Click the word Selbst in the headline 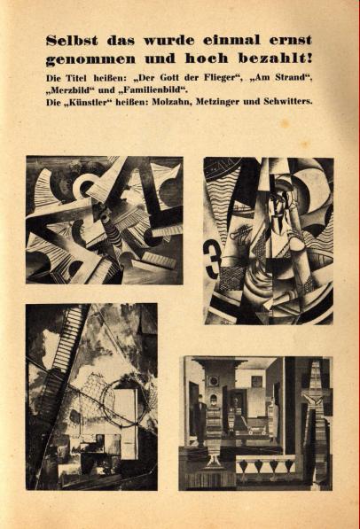point(72,41)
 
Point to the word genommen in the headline point(90,59)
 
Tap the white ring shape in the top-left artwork point(83,184)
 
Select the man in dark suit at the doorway point(200,416)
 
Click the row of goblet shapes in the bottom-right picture point(265,468)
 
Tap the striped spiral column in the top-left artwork point(113,229)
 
